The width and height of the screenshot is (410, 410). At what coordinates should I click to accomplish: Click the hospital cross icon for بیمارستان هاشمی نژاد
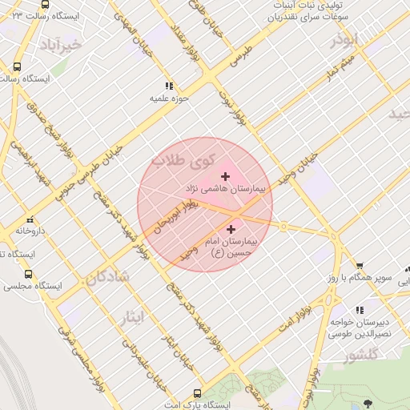click(x=224, y=175)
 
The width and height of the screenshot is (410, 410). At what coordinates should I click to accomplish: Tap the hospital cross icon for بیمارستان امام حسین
click(x=231, y=230)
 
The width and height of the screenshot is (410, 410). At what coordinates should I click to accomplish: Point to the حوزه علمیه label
click(x=168, y=99)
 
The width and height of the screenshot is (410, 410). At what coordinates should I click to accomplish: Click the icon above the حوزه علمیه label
click(x=168, y=86)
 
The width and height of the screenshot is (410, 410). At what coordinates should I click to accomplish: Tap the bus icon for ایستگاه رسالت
click(x=18, y=67)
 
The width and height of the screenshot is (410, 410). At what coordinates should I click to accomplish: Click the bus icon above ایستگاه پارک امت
click(x=197, y=393)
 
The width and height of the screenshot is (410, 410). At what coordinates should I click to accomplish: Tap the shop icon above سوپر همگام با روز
click(x=360, y=266)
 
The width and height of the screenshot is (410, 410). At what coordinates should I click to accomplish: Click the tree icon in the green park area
click(x=368, y=403)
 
